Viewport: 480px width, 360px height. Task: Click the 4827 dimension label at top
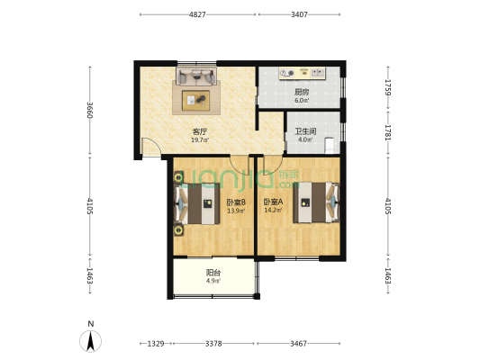tap(197, 14)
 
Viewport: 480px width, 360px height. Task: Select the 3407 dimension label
tap(299, 14)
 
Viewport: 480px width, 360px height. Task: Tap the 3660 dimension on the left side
tap(90, 110)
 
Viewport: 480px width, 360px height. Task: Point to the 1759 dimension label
tap(388, 87)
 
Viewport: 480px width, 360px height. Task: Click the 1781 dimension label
tap(388, 132)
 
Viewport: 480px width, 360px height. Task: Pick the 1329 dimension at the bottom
tap(156, 344)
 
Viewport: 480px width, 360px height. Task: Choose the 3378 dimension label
tap(213, 344)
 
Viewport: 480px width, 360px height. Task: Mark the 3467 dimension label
tap(298, 344)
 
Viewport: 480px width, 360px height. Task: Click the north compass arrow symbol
tap(91, 341)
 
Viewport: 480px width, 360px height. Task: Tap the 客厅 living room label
tap(200, 131)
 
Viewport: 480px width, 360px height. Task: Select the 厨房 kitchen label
tap(302, 92)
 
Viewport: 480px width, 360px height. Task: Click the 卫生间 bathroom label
tap(305, 131)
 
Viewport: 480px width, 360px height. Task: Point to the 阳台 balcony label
tap(213, 273)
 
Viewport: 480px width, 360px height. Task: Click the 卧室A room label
tap(274, 202)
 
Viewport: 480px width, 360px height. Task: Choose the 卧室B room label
tap(236, 202)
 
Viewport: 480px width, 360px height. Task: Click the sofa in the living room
tap(196, 76)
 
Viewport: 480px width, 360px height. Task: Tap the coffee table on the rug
tap(196, 100)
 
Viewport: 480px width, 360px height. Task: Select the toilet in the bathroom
tap(329, 145)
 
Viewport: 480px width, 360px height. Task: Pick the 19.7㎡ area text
tap(200, 140)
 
